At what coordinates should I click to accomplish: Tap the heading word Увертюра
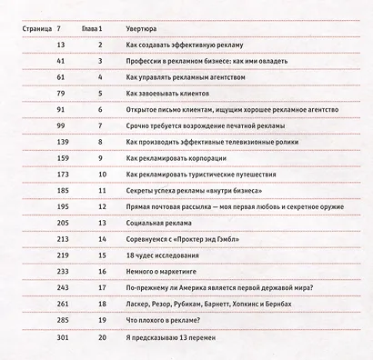click(146, 29)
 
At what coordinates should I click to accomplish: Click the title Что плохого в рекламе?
click(168, 322)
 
